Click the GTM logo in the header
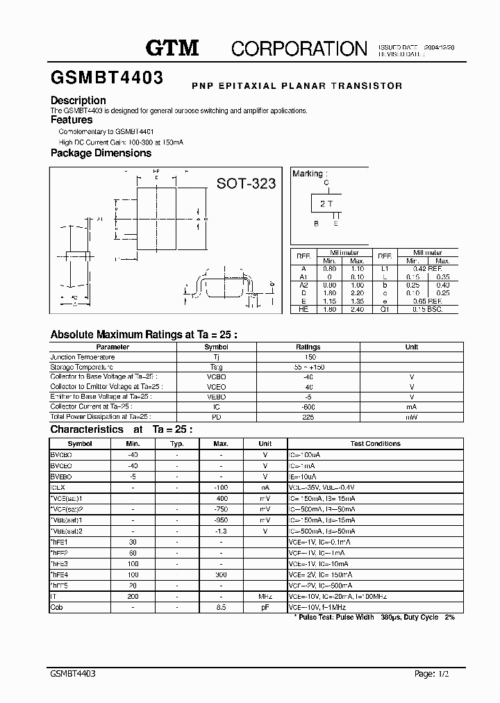(x=172, y=47)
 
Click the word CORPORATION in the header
(x=299, y=48)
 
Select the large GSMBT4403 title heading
(x=106, y=78)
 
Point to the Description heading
(x=78, y=101)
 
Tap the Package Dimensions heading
(x=101, y=153)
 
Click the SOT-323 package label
(x=246, y=183)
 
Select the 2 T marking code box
(x=326, y=203)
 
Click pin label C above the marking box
(x=326, y=182)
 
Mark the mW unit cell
(x=412, y=417)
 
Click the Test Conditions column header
(x=375, y=443)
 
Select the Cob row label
(x=56, y=607)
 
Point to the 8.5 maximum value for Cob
(x=221, y=607)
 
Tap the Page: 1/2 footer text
(x=434, y=675)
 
